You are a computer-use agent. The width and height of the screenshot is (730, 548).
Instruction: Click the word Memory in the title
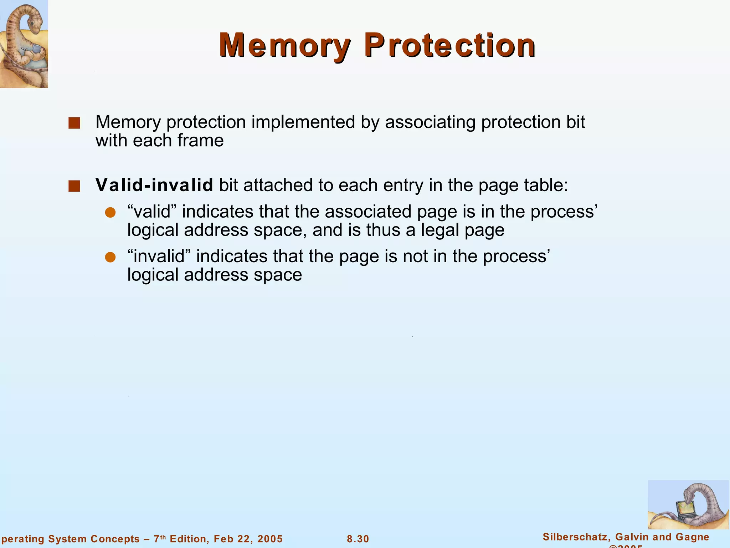click(x=284, y=46)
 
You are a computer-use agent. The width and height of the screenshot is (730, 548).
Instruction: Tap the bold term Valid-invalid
click(x=154, y=185)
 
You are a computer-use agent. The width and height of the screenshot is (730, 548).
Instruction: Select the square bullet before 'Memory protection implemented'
click(x=74, y=123)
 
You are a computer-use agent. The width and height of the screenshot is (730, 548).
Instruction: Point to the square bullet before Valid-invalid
click(x=74, y=186)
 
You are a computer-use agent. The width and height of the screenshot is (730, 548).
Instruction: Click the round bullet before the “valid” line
click(x=110, y=213)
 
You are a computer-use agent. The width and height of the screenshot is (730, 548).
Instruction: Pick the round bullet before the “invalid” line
click(x=110, y=257)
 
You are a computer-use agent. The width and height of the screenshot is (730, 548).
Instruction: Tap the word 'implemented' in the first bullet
click(x=303, y=122)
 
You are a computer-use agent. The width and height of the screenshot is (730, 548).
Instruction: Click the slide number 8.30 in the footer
click(x=358, y=539)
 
